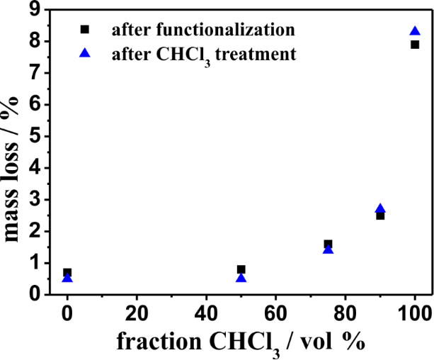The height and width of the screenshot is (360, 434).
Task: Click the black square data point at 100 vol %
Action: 415,45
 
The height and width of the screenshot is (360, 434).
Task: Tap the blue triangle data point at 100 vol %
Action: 415,31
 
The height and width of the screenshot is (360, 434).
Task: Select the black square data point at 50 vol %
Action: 241,269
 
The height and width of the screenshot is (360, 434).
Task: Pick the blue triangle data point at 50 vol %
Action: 241,278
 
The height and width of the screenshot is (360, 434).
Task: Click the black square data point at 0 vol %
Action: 67,272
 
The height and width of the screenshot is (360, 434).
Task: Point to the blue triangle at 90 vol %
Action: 380,209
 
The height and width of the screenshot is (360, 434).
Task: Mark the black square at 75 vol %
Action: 328,244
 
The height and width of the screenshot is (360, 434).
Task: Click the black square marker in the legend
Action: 85,29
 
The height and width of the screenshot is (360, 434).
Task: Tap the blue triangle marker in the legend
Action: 85,52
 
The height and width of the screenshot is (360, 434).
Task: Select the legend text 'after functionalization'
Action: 202,29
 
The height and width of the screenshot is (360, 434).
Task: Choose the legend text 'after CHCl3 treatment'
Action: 204,54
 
